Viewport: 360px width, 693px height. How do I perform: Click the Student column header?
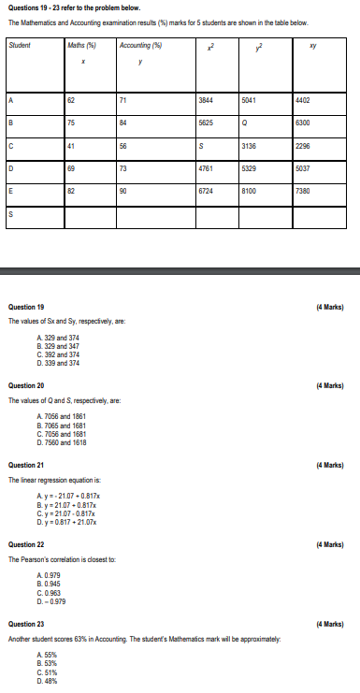point(18,45)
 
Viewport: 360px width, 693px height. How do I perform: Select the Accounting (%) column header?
point(141,45)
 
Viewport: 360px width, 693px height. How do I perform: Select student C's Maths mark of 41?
point(71,145)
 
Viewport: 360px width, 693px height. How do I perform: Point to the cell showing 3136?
point(250,145)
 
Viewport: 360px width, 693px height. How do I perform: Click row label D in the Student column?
point(11,169)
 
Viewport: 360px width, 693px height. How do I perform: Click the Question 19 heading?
point(26,306)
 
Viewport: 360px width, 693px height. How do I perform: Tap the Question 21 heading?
point(26,464)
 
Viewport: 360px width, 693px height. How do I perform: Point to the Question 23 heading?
point(26,622)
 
